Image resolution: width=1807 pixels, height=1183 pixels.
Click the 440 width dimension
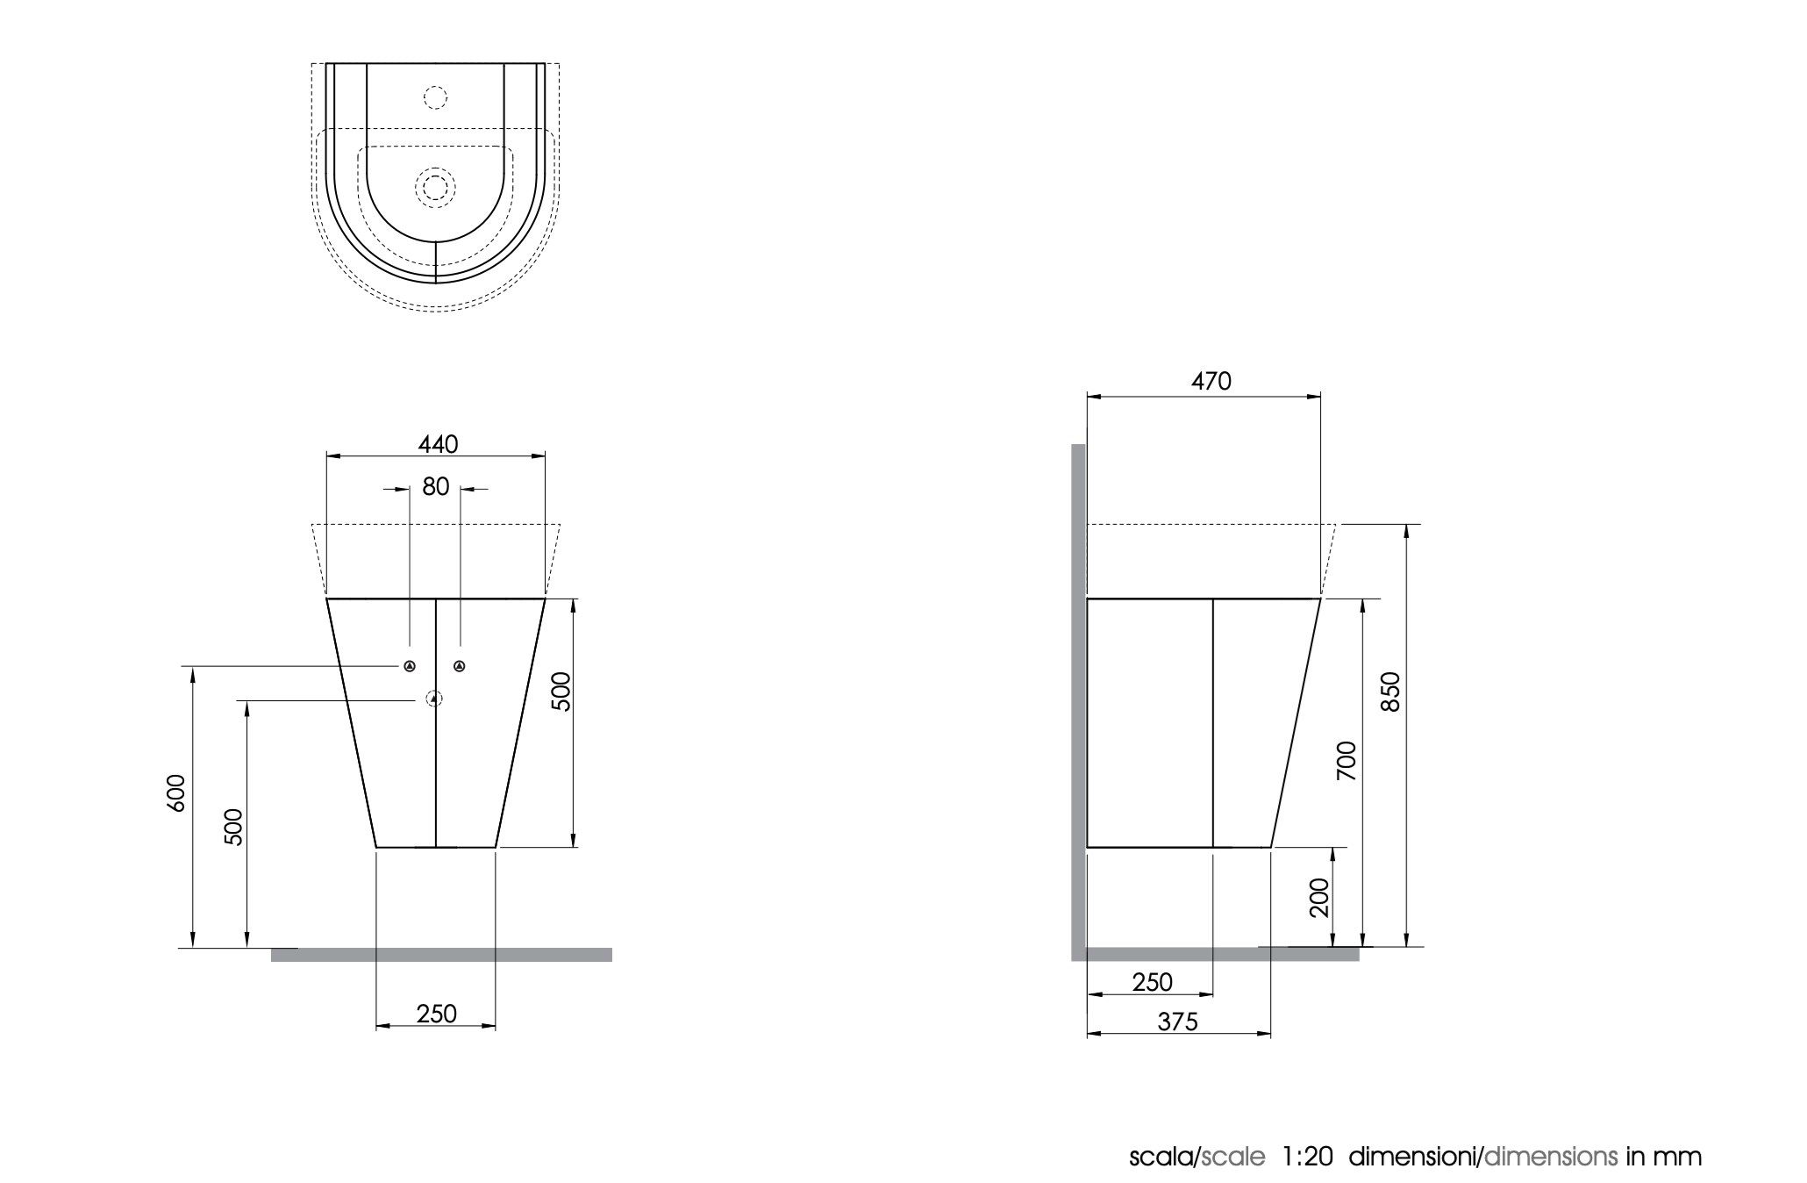pos(437,445)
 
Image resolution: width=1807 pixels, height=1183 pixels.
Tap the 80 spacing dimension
pos(436,486)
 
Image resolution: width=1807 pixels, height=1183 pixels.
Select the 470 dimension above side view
pos(1211,381)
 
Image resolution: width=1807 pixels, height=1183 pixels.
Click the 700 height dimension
pos(1346,761)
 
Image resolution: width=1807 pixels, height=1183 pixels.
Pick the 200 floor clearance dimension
pos(1318,897)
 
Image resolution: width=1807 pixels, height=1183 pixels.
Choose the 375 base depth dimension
pos(1177,1022)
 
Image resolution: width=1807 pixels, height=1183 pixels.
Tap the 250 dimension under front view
pos(436,1014)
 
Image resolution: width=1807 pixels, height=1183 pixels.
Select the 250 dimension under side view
pos(1152,982)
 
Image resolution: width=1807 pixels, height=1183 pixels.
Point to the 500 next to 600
pos(233,826)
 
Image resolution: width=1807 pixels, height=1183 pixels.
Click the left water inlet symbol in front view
pos(410,667)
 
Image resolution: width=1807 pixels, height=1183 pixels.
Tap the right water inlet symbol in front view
pos(460,667)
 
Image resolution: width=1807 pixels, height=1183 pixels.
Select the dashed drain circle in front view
pos(434,699)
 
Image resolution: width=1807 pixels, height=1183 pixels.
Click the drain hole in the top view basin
pos(435,187)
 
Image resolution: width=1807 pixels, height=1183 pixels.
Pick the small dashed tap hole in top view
pos(435,97)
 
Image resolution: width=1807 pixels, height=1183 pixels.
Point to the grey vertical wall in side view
pos(1078,702)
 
